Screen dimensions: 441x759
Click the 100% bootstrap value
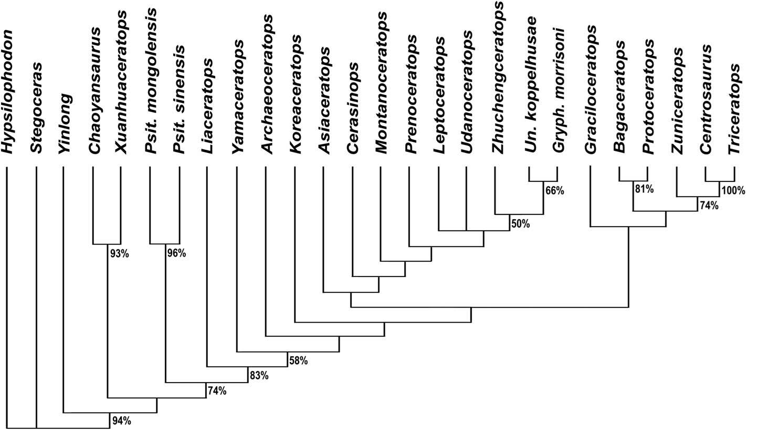tap(733, 191)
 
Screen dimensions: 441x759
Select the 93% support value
tap(120, 254)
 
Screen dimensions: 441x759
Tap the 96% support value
tap(176, 254)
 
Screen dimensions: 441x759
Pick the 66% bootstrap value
tap(554, 191)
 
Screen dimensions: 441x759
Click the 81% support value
tap(644, 189)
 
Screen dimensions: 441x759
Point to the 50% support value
tap(520, 224)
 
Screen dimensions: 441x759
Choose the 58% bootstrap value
tap(298, 361)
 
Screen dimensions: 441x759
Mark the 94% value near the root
tap(121, 420)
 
